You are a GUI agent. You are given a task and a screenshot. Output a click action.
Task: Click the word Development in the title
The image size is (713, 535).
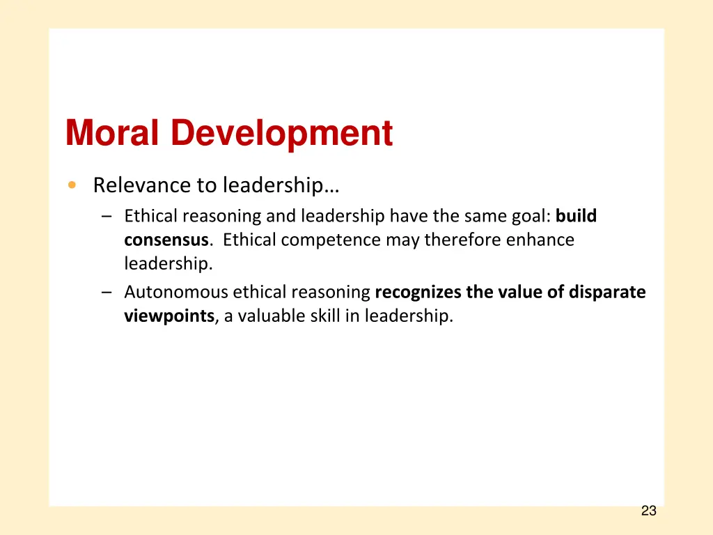[x=282, y=133]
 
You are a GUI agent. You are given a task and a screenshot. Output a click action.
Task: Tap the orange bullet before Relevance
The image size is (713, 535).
[x=72, y=185]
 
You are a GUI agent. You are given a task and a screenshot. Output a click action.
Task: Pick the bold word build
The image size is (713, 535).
[x=576, y=216]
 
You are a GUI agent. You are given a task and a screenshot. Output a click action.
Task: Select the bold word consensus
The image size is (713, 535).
[x=166, y=240]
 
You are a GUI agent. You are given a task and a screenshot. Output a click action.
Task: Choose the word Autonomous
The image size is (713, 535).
[x=175, y=292]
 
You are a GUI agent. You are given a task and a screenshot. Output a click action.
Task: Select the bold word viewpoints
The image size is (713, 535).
[x=169, y=316]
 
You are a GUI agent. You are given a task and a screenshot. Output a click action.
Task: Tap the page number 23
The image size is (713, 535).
[x=648, y=511]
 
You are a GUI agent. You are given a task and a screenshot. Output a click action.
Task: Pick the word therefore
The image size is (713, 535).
[x=463, y=240]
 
